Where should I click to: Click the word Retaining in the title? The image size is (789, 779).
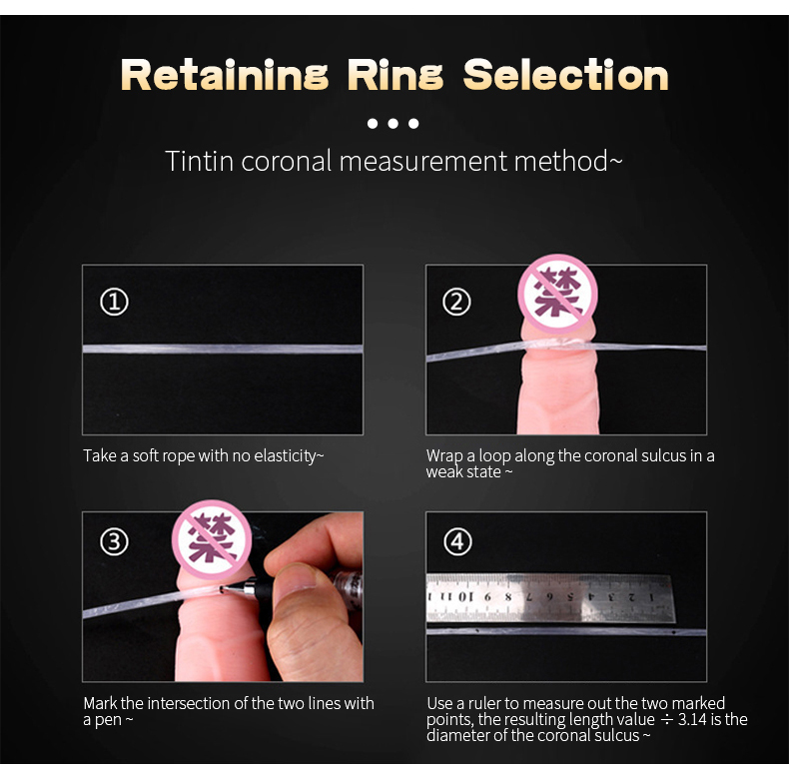[x=225, y=75]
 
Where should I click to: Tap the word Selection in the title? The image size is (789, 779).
[x=565, y=75]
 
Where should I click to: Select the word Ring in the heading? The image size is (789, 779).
[x=395, y=75]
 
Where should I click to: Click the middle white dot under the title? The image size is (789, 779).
[x=393, y=123]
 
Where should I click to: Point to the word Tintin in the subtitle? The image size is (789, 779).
[x=200, y=161]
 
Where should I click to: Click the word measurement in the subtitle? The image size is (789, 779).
[x=423, y=161]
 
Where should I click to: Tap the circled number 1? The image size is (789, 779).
[x=114, y=302]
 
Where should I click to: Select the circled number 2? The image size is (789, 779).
[x=456, y=302]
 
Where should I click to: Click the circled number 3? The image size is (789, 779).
[x=114, y=542]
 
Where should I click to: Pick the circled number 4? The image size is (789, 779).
[x=457, y=542]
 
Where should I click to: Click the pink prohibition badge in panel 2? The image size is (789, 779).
[x=557, y=294]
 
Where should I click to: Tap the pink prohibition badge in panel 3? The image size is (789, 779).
[x=212, y=539]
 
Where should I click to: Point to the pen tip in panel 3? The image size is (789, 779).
[x=222, y=588]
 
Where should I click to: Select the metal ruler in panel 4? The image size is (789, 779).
[x=550, y=598]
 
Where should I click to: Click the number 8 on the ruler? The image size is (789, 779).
[x=507, y=597]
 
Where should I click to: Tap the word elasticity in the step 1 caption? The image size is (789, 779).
[x=289, y=456]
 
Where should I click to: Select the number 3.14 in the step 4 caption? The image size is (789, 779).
[x=692, y=720]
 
